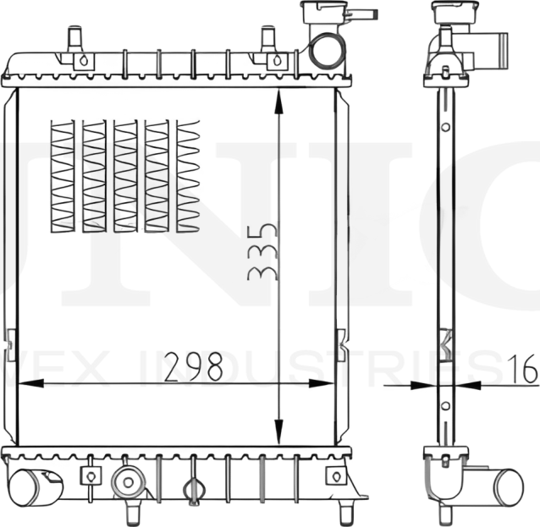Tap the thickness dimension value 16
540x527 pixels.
524,369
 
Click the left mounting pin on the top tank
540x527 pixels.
74,39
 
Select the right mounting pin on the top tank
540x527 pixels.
269,39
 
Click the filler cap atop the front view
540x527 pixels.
322,12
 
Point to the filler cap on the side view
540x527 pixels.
455,12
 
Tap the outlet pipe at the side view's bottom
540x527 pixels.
504,486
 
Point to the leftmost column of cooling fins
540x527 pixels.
63,176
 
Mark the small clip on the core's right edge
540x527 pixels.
340,344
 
